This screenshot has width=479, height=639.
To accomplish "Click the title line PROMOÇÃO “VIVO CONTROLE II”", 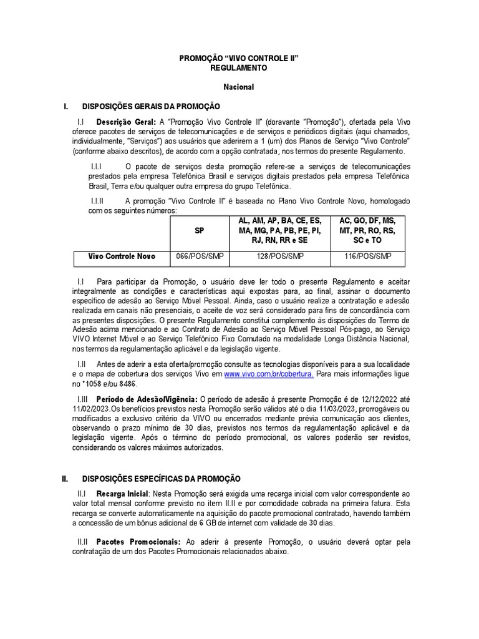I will (239, 57).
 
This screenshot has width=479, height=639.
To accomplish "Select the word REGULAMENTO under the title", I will (239, 67).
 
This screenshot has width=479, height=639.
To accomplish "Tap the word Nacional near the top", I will (239, 87).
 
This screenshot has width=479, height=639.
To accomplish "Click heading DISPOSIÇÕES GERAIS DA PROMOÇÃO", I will (151, 106).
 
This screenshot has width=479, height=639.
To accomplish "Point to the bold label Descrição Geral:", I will (125, 122).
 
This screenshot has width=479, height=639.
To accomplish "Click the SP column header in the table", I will (199, 230).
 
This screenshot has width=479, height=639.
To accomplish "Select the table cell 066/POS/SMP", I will (199, 256).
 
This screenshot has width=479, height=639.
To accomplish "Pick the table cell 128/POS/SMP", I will (279, 256).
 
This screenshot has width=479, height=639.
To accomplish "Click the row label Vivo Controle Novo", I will (122, 256).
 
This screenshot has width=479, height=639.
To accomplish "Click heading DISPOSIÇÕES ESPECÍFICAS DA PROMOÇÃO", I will (161, 479).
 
